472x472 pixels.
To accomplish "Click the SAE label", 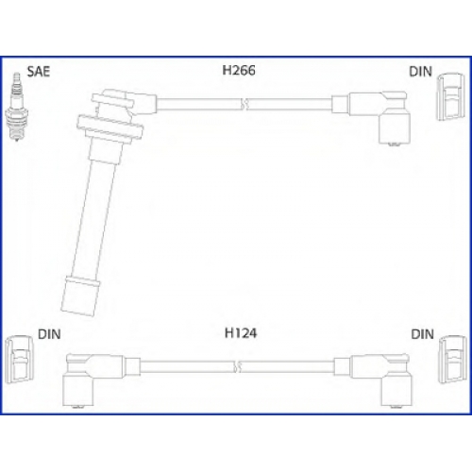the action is click(39, 72).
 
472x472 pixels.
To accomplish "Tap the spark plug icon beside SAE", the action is click(18, 107).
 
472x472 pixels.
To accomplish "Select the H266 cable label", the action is click(239, 71).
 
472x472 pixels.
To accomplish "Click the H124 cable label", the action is click(241, 333).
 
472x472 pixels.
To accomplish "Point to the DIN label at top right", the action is click(420, 72).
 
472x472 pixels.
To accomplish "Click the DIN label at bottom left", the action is click(49, 334).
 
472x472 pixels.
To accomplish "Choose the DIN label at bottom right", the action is click(422, 334).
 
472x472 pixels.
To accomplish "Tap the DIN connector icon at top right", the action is click(451, 96).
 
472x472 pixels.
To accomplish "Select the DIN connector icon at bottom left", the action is click(20, 360).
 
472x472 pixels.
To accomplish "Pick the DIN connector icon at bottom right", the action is click(452, 360).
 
